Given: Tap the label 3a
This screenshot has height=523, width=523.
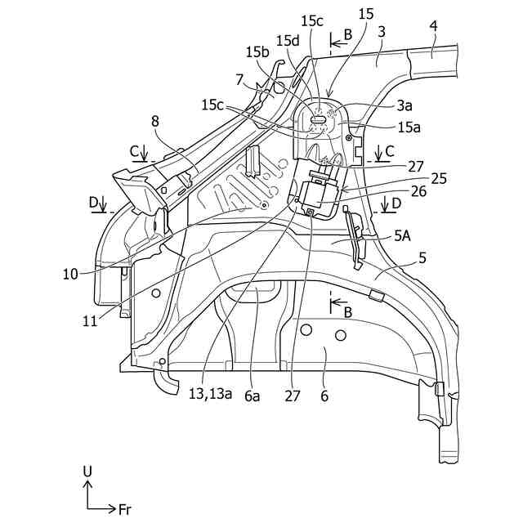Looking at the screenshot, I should [405, 105].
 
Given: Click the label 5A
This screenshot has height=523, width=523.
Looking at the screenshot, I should [402, 235].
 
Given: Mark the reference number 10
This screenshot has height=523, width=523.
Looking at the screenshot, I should [70, 275].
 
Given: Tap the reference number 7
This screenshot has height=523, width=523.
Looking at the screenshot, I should [239, 78].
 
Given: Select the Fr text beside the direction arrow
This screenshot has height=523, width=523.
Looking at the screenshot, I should [124, 509].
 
